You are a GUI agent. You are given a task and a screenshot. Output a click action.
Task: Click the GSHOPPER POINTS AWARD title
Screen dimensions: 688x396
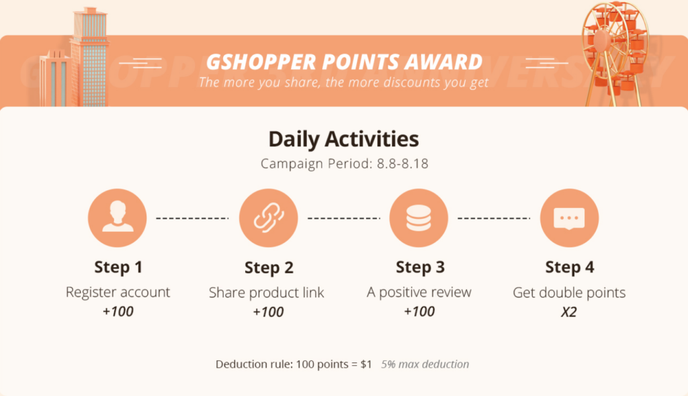click(x=344, y=62)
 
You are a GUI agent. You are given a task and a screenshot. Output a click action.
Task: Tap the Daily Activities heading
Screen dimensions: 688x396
click(x=343, y=138)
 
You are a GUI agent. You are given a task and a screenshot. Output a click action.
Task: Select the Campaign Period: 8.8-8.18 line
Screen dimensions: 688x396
click(x=345, y=164)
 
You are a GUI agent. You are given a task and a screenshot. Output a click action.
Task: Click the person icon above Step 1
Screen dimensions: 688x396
click(x=117, y=217)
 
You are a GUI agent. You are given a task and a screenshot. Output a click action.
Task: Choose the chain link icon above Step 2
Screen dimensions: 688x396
click(x=268, y=217)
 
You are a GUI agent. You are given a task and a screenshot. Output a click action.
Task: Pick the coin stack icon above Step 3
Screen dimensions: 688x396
click(x=419, y=217)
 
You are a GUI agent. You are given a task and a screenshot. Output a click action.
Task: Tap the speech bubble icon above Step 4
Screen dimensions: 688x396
click(x=569, y=217)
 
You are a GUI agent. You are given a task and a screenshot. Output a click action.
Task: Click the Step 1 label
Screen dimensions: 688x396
click(x=118, y=267)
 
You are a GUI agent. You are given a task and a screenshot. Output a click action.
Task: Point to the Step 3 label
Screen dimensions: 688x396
click(x=420, y=267)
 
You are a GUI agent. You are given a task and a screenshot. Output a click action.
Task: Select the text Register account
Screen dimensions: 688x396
click(x=118, y=292)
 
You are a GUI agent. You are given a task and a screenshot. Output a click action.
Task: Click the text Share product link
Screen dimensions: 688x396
click(x=266, y=293)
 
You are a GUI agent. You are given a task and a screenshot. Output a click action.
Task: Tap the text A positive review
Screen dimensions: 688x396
click(x=419, y=292)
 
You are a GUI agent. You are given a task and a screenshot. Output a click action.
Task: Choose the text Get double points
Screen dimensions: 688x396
click(x=569, y=293)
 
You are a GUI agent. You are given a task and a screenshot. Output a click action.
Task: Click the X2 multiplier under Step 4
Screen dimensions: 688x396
click(x=569, y=312)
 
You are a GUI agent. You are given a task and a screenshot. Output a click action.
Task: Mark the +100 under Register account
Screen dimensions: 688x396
click(x=118, y=311)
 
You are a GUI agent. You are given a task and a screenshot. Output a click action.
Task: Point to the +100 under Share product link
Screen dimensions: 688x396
click(x=268, y=312)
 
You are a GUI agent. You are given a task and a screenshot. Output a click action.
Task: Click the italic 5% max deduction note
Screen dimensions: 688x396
click(x=425, y=364)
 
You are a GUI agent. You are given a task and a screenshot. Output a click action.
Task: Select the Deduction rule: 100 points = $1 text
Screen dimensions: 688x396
click(x=294, y=364)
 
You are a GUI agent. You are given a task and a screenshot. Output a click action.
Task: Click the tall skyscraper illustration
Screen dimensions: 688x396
click(x=89, y=57)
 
